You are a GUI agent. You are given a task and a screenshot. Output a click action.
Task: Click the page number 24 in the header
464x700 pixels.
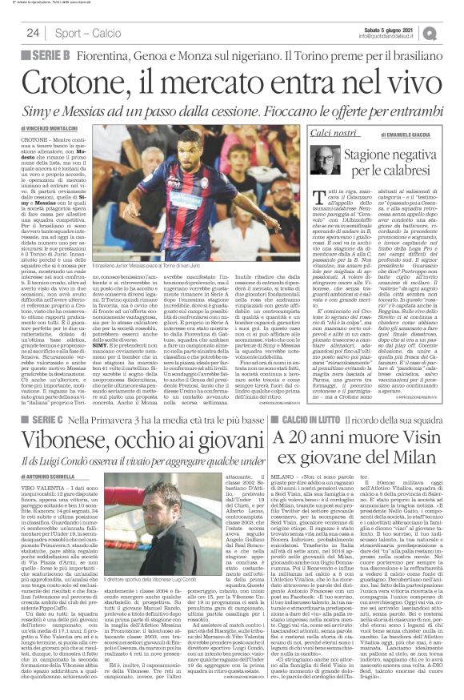[33, 33]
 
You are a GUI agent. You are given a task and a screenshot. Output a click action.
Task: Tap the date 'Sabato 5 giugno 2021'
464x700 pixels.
[382, 28]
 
